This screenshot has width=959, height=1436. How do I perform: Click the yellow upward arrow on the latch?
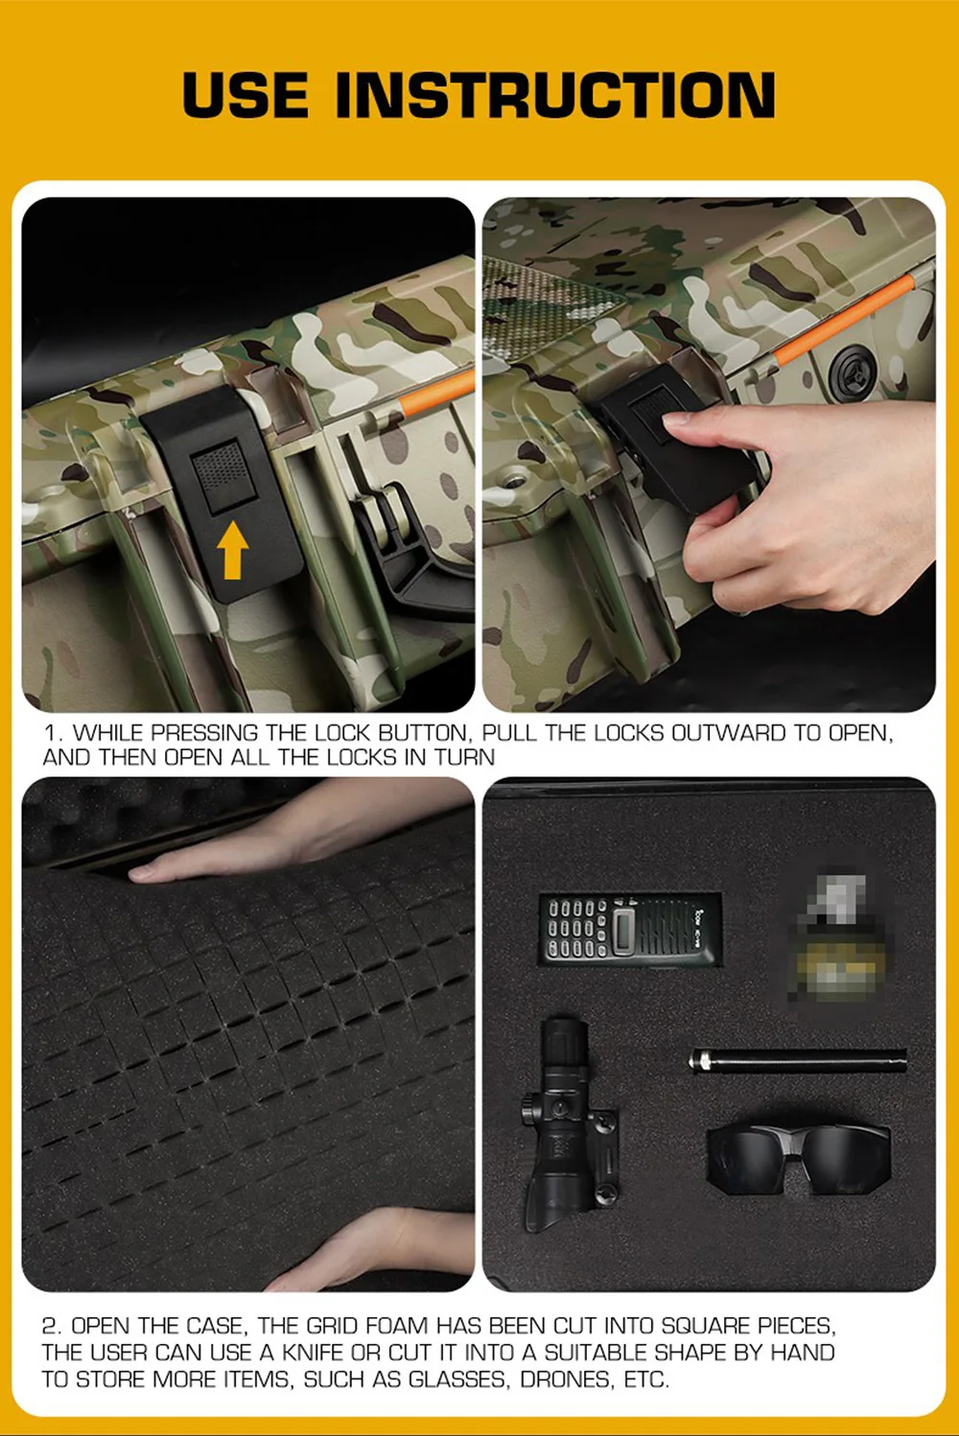coord(232,549)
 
